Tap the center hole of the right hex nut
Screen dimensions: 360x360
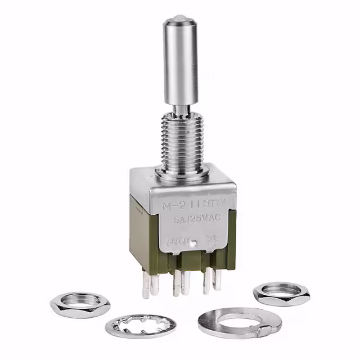coord(281,289)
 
